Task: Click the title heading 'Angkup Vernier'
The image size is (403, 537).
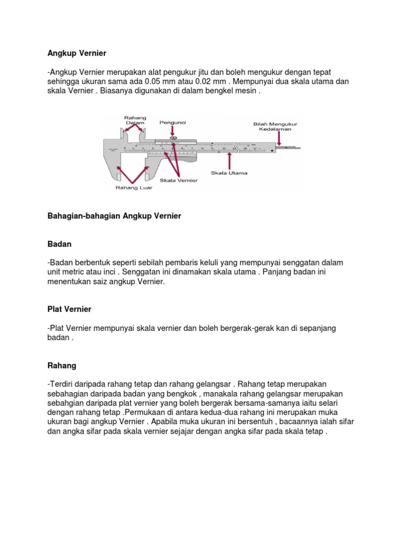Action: (x=77, y=53)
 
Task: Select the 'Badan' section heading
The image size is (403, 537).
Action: (x=59, y=244)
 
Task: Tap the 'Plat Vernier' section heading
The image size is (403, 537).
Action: (x=69, y=309)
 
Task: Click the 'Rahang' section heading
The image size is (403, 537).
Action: (x=62, y=365)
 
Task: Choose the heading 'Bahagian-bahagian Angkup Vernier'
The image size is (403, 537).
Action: (x=114, y=216)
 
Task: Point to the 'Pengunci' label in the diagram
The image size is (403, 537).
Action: (x=173, y=122)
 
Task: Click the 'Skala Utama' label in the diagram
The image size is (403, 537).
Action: (x=229, y=173)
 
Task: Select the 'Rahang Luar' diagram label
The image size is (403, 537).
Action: (x=134, y=188)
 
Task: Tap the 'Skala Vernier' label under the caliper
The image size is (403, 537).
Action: (x=178, y=180)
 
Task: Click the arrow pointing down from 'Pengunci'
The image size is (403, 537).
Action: (x=173, y=131)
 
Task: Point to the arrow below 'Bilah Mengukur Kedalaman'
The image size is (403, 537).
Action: (x=279, y=138)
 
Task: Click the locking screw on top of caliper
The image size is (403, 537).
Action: (x=174, y=138)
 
